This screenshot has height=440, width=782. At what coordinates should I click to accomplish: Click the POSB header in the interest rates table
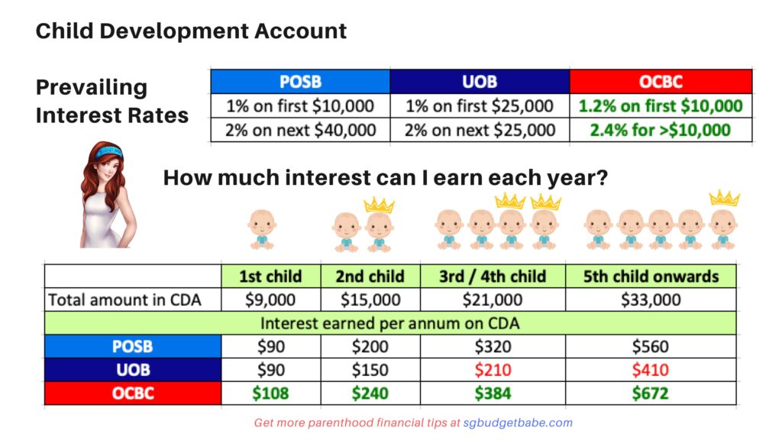click(300, 81)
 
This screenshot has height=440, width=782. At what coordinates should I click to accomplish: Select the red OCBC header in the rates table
click(661, 81)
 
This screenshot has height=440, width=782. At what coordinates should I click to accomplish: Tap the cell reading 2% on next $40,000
click(300, 130)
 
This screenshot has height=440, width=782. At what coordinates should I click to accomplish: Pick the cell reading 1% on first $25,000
click(480, 105)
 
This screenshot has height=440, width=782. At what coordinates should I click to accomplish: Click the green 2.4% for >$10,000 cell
click(661, 130)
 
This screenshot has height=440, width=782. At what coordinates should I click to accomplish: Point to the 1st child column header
click(271, 277)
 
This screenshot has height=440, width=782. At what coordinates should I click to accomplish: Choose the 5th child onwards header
click(651, 277)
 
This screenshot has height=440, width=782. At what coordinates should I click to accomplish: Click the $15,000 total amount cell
click(370, 299)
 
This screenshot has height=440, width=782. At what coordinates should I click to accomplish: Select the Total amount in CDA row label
click(124, 299)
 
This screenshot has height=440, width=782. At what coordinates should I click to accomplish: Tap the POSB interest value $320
click(493, 347)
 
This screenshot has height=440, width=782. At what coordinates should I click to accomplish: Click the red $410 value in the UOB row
click(651, 370)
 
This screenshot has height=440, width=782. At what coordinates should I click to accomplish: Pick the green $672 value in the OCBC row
click(651, 393)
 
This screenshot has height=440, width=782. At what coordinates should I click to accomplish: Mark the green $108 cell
click(271, 393)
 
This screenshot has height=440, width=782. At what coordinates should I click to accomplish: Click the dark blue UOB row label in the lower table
click(133, 370)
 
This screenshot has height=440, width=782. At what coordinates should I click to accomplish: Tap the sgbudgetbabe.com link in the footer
click(518, 423)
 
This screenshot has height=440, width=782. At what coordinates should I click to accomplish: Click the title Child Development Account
click(191, 31)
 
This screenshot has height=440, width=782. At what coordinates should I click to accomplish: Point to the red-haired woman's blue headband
click(110, 151)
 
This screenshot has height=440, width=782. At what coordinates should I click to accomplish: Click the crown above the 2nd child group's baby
click(379, 205)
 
